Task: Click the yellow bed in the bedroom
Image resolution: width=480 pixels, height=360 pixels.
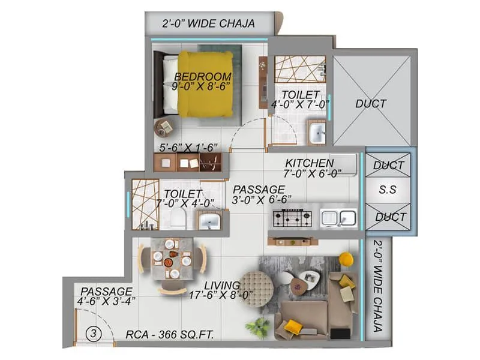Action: click(204, 84)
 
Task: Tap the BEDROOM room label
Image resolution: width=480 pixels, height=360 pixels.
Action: click(203, 76)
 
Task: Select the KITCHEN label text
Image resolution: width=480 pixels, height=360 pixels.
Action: click(309, 163)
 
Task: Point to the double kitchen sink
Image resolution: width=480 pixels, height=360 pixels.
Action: click(338, 218)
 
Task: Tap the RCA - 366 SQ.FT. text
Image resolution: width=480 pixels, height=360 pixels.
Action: click(170, 335)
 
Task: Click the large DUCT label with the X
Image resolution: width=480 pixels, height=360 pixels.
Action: click(371, 103)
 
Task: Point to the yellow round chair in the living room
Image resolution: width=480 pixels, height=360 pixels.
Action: click(346, 259)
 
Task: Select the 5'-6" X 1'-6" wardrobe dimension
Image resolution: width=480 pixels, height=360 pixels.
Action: click(187, 146)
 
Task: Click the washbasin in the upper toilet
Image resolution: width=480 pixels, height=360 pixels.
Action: click(316, 131)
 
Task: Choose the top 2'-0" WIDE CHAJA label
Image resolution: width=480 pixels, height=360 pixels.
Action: click(209, 23)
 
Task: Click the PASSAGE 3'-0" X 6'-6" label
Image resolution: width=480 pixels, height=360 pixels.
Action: click(259, 194)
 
